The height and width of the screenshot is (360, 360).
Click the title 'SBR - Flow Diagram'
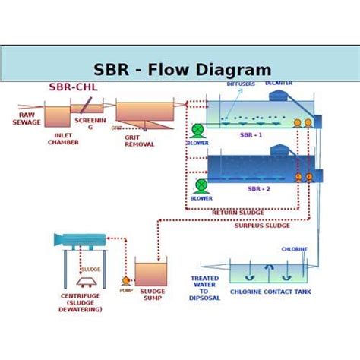(x=182, y=71)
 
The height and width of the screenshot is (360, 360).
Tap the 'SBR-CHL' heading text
(x=74, y=87)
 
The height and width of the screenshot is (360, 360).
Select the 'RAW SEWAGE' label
(x=27, y=118)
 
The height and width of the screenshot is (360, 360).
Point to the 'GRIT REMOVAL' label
(x=139, y=141)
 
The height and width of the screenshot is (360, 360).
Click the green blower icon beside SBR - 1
(x=197, y=131)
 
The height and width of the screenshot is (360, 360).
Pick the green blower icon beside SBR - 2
(x=201, y=185)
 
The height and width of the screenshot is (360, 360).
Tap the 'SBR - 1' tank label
(x=251, y=135)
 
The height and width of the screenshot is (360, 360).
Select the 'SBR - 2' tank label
(x=258, y=189)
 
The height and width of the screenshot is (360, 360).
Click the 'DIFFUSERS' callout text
(x=241, y=84)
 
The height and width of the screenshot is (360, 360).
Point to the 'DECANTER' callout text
(x=279, y=83)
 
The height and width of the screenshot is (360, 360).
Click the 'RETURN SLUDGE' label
(x=238, y=213)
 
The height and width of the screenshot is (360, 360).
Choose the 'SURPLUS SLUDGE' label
(x=262, y=226)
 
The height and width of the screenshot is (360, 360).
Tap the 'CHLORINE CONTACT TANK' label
(x=270, y=292)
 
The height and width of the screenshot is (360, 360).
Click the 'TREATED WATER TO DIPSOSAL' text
(x=204, y=289)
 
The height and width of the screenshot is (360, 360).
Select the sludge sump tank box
(x=150, y=273)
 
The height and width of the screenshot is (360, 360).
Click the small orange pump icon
(x=126, y=281)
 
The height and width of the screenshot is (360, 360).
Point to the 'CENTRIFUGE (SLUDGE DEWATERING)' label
(x=81, y=303)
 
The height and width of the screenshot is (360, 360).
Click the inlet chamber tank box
(x=56, y=116)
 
